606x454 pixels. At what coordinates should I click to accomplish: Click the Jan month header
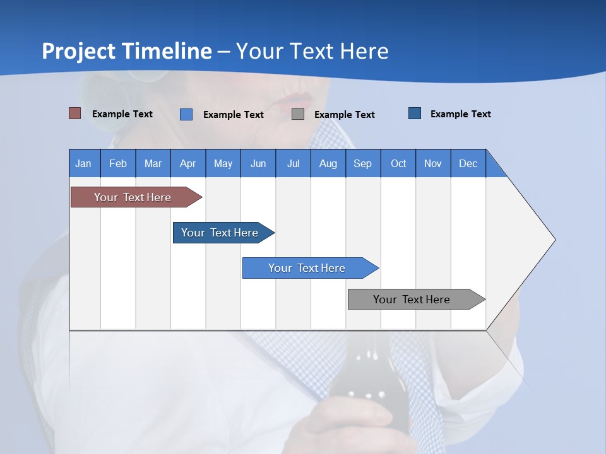pyautogui.click(x=84, y=163)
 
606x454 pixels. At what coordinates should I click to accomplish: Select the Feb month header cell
pyautogui.click(x=118, y=163)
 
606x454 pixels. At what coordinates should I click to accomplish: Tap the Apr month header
pyautogui.click(x=188, y=163)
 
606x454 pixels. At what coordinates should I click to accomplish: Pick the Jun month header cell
pyautogui.click(x=258, y=163)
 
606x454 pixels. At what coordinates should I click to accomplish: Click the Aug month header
pyautogui.click(x=328, y=163)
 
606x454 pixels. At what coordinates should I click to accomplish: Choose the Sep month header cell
pyautogui.click(x=363, y=163)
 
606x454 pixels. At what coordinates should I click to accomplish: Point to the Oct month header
pyautogui.click(x=398, y=163)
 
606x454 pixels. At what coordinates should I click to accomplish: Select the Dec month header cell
pyautogui.click(x=468, y=163)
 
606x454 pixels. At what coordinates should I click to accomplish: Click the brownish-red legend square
pyautogui.click(x=75, y=113)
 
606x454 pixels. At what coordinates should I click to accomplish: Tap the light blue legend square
pyautogui.click(x=186, y=114)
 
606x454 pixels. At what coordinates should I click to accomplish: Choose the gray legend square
pyautogui.click(x=298, y=113)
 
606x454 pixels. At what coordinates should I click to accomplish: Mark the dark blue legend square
pyautogui.click(x=415, y=113)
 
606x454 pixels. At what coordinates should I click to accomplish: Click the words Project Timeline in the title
pyautogui.click(x=127, y=51)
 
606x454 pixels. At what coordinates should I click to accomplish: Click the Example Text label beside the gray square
pyautogui.click(x=344, y=115)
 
